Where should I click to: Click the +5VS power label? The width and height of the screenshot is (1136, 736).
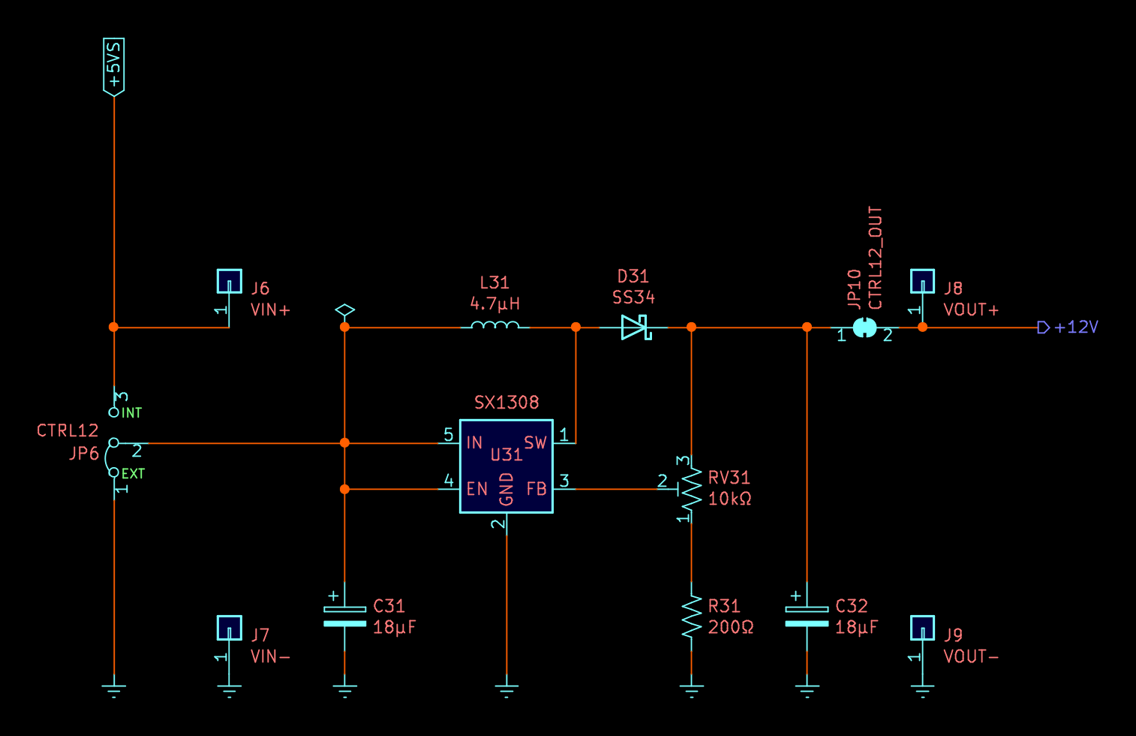114,66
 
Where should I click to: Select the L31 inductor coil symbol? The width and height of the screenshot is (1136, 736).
494,326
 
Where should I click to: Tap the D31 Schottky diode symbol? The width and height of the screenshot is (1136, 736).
635,327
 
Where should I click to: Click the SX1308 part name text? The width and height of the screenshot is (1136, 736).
506,403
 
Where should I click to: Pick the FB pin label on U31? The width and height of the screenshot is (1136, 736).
536,489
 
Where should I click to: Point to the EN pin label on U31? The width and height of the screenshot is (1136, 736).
477,489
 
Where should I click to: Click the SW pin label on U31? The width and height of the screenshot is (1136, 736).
535,442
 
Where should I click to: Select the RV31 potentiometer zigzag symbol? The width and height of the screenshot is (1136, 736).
691,490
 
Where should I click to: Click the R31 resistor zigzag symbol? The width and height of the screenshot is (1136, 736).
691,617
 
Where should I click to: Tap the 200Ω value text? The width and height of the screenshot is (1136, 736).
731,627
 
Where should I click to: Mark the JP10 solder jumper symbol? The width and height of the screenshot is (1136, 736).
864,327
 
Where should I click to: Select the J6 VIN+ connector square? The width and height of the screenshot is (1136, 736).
230,282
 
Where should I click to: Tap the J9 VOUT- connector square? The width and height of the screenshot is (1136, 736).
922,628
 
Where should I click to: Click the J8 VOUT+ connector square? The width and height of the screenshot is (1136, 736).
922,282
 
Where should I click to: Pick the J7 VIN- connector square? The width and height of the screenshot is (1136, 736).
230,628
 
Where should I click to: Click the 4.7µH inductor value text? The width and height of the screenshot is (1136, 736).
494,304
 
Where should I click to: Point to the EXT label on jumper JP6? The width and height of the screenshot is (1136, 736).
133,474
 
